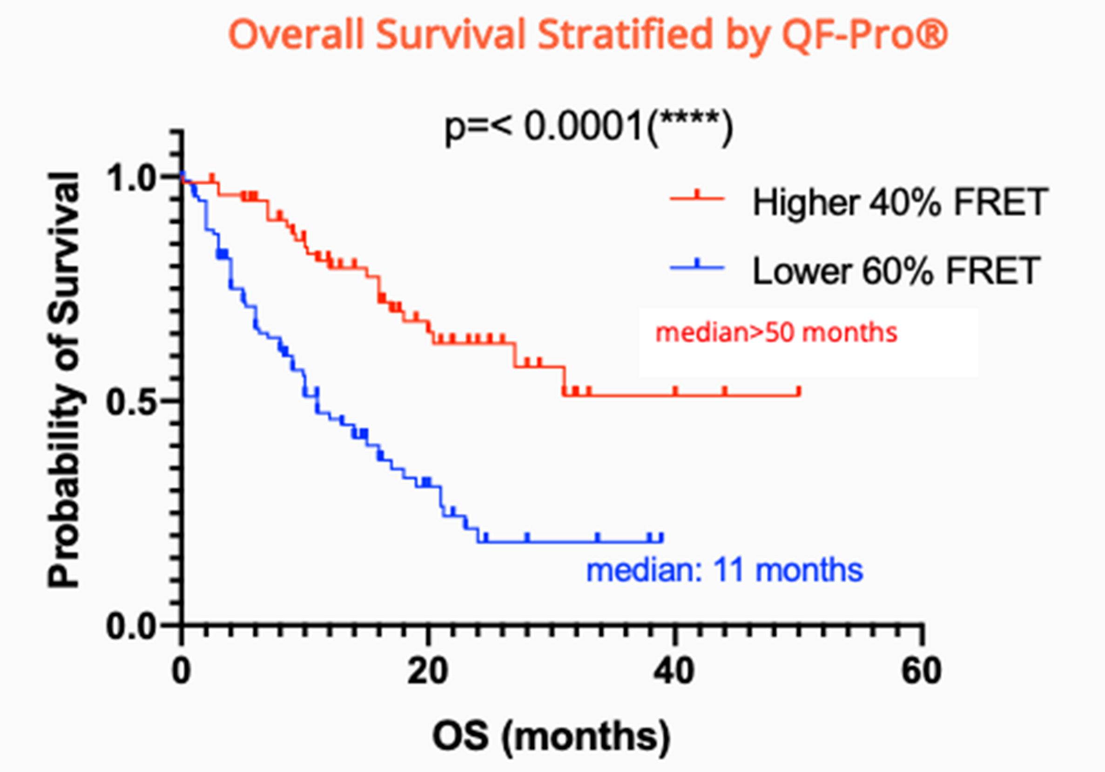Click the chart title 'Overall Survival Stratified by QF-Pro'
point(587,34)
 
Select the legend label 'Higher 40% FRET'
point(900,202)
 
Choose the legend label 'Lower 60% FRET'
point(896,271)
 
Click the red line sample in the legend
point(697,198)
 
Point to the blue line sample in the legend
point(697,267)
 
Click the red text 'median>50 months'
point(776,332)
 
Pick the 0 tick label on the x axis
point(182,672)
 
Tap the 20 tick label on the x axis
point(428,672)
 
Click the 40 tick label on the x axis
point(674,672)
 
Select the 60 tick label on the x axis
point(921,672)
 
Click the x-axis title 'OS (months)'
point(551,737)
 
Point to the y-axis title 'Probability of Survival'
point(64,380)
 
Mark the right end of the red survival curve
point(799,395)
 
